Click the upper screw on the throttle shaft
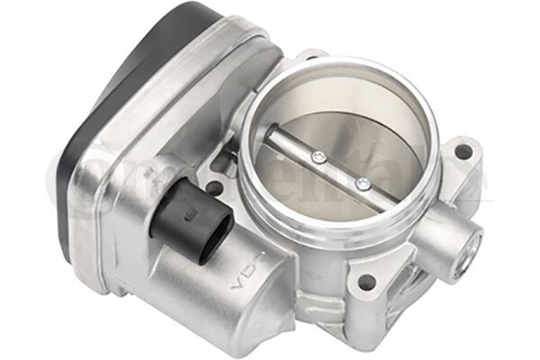coord(316,157)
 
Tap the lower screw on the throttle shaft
coord(362,184)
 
